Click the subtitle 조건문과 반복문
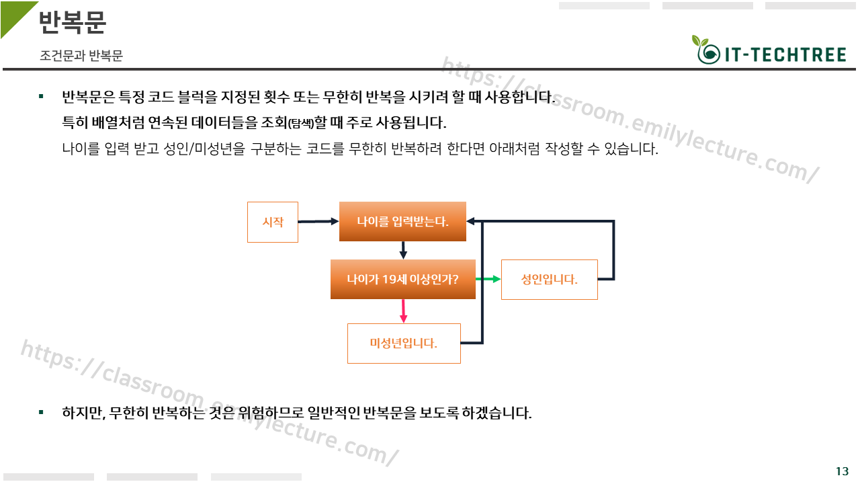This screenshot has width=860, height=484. pyautogui.click(x=81, y=56)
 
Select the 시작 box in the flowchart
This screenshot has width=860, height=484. pyautogui.click(x=273, y=222)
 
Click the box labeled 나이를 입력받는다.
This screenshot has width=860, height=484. pyautogui.click(x=402, y=221)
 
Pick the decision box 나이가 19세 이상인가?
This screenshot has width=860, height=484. pyautogui.click(x=402, y=279)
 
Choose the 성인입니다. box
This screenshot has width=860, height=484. pyautogui.click(x=549, y=279)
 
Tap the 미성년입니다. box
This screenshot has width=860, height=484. pyautogui.click(x=404, y=344)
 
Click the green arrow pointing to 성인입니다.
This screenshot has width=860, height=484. pyautogui.click(x=488, y=279)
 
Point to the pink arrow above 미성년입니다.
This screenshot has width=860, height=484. pyautogui.click(x=404, y=311)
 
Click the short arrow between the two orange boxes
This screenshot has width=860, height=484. pyautogui.click(x=403, y=250)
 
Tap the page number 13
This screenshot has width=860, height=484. pyautogui.click(x=842, y=471)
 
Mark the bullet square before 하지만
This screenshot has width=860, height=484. pyautogui.click(x=41, y=411)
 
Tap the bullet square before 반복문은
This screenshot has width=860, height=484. pyautogui.click(x=41, y=97)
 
